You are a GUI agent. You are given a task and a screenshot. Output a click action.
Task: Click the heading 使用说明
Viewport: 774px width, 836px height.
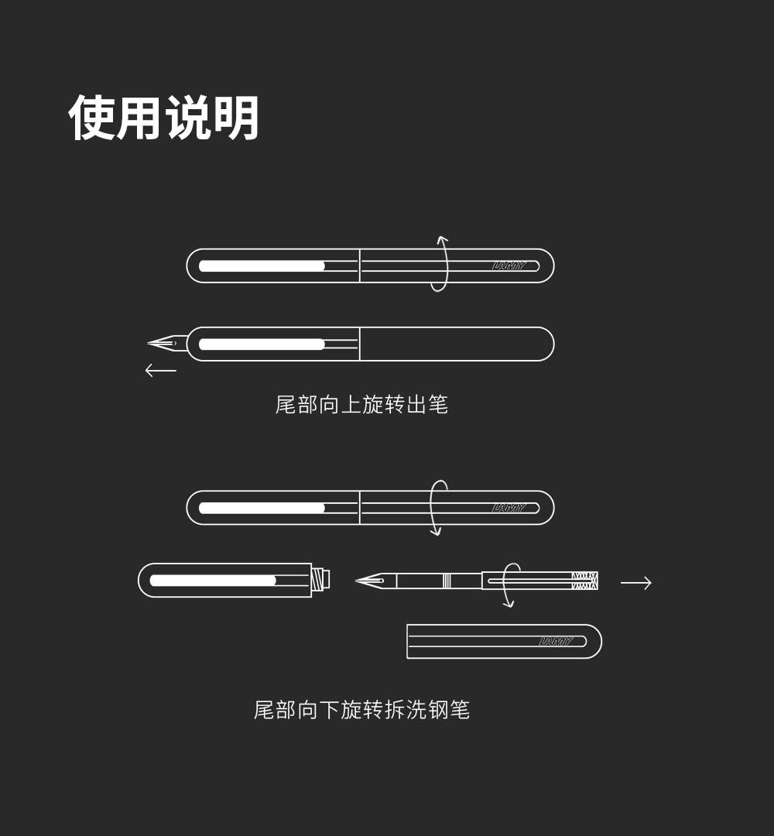click(x=164, y=118)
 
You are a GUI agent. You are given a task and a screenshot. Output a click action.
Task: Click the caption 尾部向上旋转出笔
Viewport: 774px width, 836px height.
click(x=361, y=404)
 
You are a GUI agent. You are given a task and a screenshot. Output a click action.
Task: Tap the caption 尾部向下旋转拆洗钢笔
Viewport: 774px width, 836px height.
click(x=361, y=710)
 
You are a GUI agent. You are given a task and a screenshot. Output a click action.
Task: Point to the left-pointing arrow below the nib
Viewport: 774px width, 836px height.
click(x=161, y=371)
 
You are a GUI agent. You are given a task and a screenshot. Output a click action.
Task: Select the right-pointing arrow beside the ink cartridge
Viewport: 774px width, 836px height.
click(x=635, y=583)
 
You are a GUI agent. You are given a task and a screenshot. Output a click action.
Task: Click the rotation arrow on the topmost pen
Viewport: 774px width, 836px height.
click(x=440, y=264)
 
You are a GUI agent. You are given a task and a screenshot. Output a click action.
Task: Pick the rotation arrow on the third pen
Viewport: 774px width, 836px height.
click(x=438, y=508)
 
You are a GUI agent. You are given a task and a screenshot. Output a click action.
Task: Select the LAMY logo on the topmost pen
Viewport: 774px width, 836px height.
click(x=509, y=266)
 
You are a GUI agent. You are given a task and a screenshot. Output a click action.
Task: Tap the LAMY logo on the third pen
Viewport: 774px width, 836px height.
click(x=509, y=508)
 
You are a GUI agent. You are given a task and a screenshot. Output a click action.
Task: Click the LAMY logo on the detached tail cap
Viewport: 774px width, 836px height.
click(x=556, y=641)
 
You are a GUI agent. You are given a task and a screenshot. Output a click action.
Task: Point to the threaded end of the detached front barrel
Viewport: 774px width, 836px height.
click(x=320, y=579)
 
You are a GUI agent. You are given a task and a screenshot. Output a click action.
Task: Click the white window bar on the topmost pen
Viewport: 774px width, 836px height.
click(x=262, y=266)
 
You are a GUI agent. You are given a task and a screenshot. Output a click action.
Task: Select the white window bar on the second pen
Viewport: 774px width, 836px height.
click(x=262, y=344)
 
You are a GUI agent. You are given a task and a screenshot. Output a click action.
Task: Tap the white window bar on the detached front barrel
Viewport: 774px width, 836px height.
click(x=213, y=581)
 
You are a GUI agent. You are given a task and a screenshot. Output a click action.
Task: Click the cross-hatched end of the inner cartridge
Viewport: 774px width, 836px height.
click(x=584, y=581)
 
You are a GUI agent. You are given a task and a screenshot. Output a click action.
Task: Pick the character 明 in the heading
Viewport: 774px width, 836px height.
click(x=236, y=118)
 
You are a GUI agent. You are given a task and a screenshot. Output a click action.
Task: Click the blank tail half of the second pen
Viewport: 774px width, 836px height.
click(x=457, y=344)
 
